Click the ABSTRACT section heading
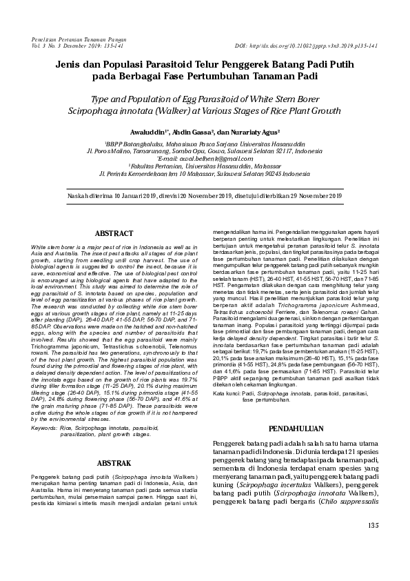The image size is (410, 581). (x=114, y=234)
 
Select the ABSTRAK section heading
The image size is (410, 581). (x=114, y=462)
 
